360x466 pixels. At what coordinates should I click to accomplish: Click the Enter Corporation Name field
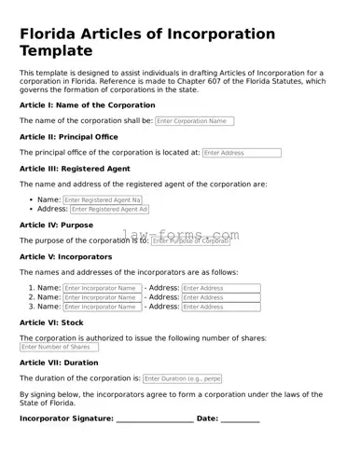point(194,121)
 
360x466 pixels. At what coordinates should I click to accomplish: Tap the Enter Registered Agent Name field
point(103,199)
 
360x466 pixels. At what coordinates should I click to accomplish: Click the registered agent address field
point(110,210)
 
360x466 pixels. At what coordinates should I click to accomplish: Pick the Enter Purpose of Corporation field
point(190,241)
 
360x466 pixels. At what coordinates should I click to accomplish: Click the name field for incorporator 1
point(103,289)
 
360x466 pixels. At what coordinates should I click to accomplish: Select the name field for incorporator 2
point(103,297)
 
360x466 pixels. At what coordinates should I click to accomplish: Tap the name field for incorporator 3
point(103,307)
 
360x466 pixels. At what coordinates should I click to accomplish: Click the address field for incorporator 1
point(221,289)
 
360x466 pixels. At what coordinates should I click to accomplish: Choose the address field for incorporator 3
point(221,307)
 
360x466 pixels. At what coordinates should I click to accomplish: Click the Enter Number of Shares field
point(59,348)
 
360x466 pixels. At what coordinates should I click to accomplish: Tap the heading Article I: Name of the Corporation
point(88,105)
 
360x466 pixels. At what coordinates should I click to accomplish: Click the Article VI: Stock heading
point(51,322)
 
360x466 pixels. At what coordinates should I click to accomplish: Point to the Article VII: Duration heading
point(59,363)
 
